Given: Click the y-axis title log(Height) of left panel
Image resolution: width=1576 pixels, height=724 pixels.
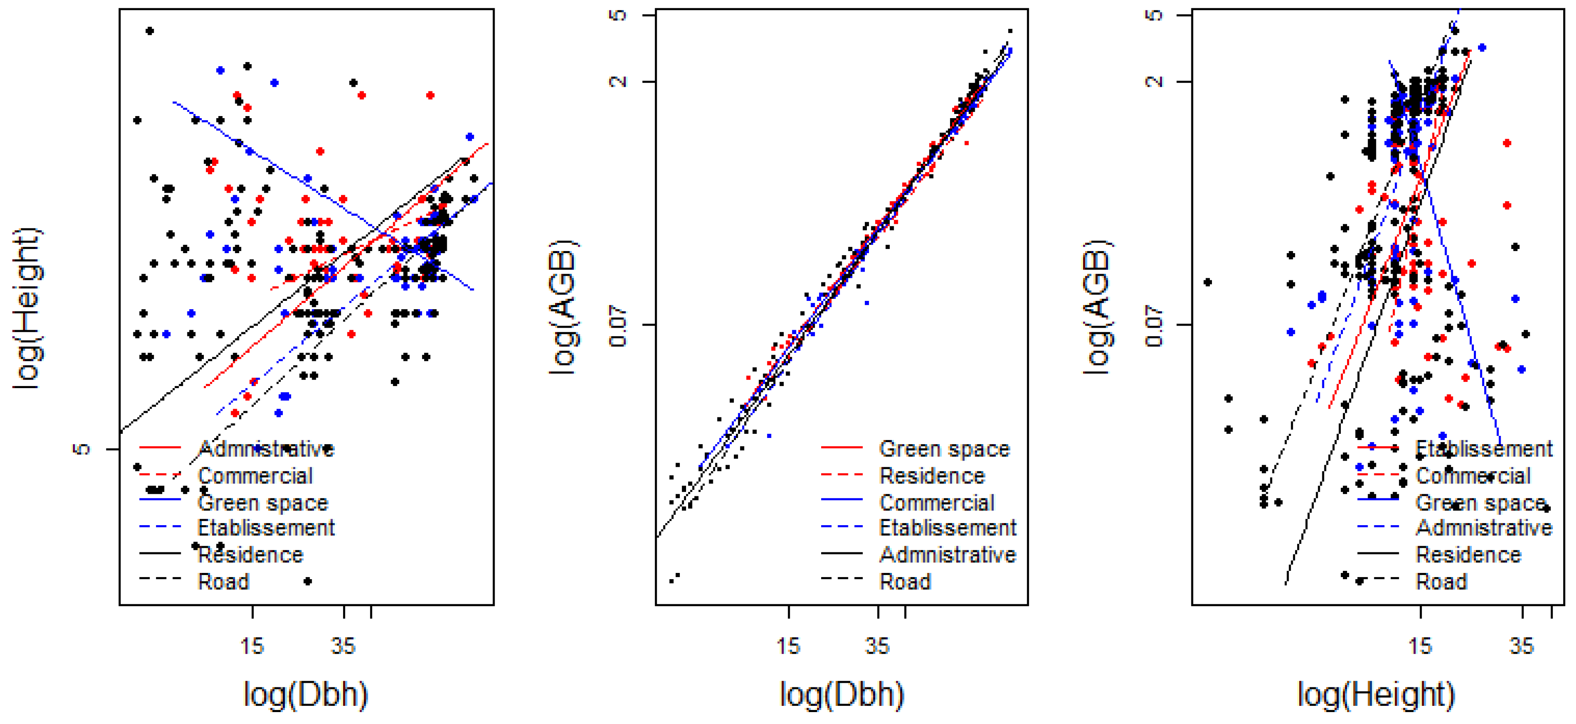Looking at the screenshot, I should [28, 307].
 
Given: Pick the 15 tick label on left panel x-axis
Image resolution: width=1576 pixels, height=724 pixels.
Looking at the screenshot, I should [252, 646].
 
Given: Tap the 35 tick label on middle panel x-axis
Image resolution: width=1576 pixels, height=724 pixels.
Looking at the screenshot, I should [877, 646].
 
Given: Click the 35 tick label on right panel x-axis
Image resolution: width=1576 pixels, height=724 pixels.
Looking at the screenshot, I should [1522, 646].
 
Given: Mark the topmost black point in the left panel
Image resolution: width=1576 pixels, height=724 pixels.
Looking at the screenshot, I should [149, 30].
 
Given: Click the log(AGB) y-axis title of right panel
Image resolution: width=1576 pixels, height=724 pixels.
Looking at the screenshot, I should [1099, 307].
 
